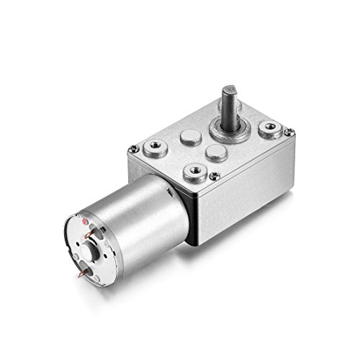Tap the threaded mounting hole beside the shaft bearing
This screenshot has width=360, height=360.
pyautogui.click(x=271, y=130)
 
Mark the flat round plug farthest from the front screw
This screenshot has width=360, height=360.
pyautogui.click(x=189, y=135)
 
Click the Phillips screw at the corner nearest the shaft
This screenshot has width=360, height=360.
pyautogui.click(x=289, y=132)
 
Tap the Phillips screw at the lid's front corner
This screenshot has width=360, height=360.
pyautogui.click(x=215, y=175)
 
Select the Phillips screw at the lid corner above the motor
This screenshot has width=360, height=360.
pyautogui.click(x=134, y=149)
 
